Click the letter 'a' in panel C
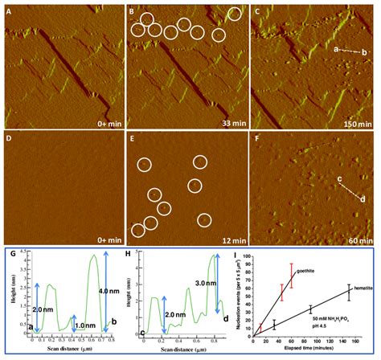pyautogui.click(x=335, y=49)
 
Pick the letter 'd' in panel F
pyautogui.click(x=362, y=198)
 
